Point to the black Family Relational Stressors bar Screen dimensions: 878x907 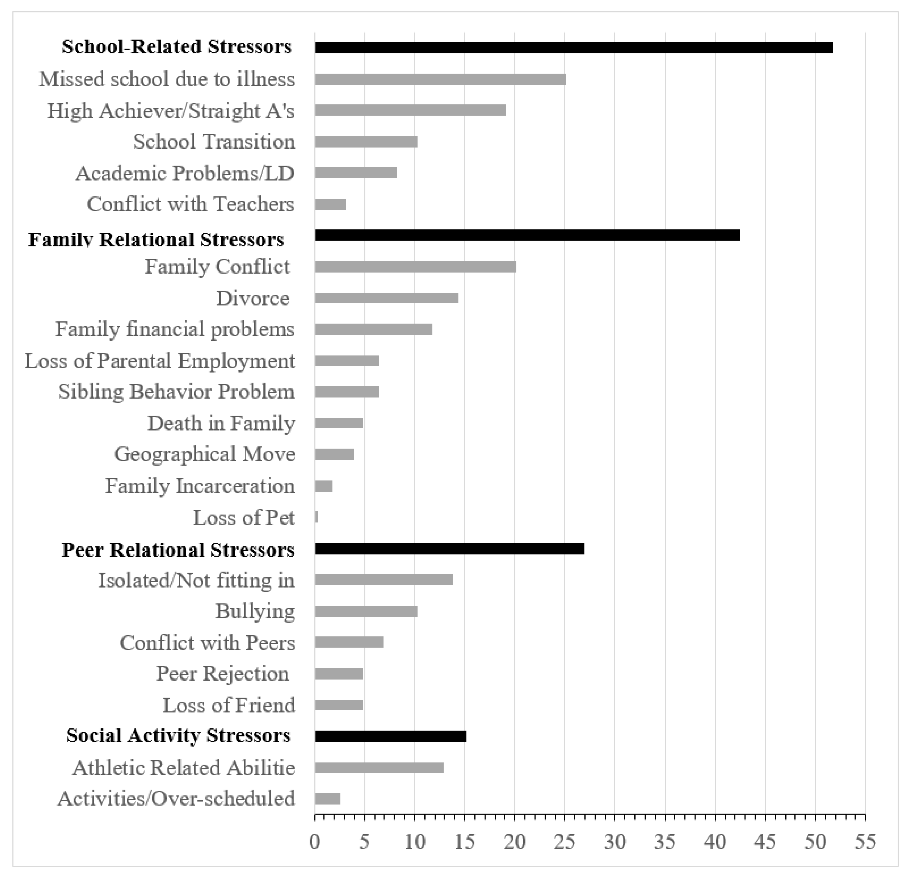pyautogui.click(x=527, y=235)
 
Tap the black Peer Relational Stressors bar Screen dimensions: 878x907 pyautogui.click(x=449, y=549)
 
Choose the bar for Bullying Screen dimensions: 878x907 pyautogui.click(x=366, y=611)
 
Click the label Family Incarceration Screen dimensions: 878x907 pyautogui.click(x=200, y=486)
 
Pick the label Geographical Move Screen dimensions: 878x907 pyautogui.click(x=205, y=454)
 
